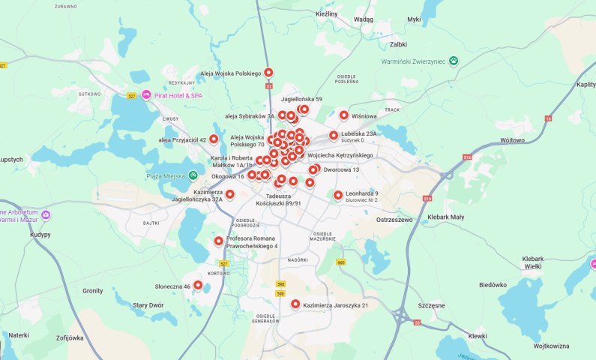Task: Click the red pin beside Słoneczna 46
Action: click(198, 285)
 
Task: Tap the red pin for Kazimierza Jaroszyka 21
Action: click(295, 304)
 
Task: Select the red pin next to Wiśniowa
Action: click(344, 115)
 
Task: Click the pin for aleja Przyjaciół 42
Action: click(214, 139)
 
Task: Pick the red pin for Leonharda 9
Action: click(338, 195)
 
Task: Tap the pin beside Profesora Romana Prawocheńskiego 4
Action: click(219, 241)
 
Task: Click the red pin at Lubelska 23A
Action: click(334, 136)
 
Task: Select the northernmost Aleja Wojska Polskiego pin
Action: click(268, 73)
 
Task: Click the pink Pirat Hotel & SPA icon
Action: click(147, 95)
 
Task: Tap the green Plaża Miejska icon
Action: click(193, 175)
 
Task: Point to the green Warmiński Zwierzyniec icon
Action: click(453, 60)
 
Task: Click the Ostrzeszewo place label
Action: click(395, 220)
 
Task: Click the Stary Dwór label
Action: click(148, 305)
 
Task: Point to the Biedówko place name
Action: click(493, 285)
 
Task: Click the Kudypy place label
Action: click(18, 234)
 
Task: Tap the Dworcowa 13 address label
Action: click(342, 169)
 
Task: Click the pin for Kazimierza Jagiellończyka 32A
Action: click(229, 194)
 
